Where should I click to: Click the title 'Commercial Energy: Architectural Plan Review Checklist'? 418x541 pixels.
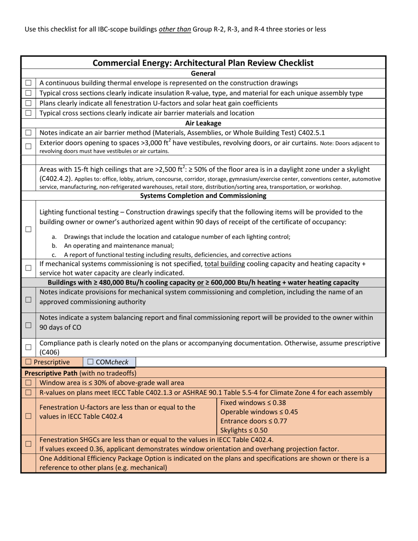(x=203, y=63)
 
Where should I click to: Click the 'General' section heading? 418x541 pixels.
(x=203, y=73)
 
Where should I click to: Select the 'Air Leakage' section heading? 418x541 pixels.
(x=203, y=123)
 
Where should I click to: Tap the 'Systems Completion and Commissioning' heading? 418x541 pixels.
(x=203, y=195)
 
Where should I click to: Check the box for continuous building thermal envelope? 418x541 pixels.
(x=28, y=83)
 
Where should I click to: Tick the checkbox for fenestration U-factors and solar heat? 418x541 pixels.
(x=28, y=103)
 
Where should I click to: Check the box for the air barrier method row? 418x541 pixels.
(x=28, y=133)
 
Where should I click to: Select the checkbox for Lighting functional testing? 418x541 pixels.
(x=28, y=230)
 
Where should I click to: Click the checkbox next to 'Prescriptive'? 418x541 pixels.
(x=29, y=362)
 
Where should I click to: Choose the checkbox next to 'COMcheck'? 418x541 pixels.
(x=90, y=362)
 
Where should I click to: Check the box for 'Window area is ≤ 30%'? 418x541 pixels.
(x=28, y=383)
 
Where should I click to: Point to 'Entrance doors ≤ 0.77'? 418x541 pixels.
(x=253, y=421)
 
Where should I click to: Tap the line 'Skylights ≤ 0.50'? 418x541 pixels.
(x=244, y=430)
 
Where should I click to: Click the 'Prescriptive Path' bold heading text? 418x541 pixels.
(x=48, y=373)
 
